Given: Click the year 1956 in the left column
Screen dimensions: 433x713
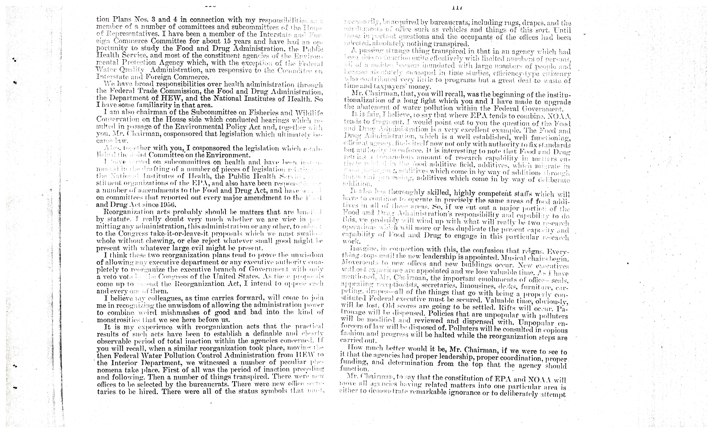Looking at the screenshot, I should coord(168,205).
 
